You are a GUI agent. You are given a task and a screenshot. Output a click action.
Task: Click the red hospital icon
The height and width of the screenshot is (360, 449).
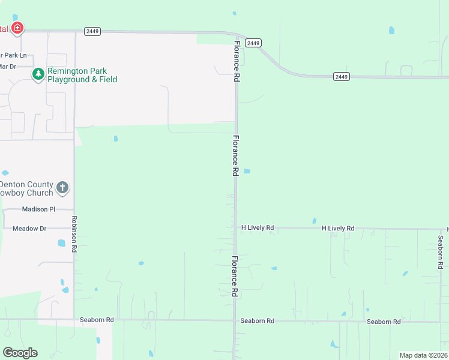click(x=17, y=28)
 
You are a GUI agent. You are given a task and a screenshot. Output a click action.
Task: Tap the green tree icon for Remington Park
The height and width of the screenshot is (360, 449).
click(x=38, y=74)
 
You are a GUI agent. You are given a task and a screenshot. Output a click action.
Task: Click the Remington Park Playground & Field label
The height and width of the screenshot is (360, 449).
click(x=82, y=75)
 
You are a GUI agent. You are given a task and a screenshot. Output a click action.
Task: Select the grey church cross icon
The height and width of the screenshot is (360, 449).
click(x=62, y=188)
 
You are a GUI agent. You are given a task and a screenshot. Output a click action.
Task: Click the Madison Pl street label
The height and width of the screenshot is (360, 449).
click(x=38, y=209)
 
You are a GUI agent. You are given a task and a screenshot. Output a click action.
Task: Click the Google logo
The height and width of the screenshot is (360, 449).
click(x=20, y=353)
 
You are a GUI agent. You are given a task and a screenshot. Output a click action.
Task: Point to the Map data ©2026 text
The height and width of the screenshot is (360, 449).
click(x=423, y=355)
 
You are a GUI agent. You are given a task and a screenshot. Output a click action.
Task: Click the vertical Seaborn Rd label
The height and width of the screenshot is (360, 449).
click(x=441, y=251)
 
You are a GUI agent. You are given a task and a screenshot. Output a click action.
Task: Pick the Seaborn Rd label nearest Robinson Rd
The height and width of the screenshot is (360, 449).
click(x=97, y=320)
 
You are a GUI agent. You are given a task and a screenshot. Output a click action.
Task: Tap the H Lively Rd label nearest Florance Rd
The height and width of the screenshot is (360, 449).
click(x=258, y=228)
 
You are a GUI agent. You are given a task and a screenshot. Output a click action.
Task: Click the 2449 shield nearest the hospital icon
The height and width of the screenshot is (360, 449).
click(x=92, y=32)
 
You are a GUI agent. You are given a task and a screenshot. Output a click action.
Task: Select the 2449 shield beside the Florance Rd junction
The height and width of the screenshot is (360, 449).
click(x=253, y=43)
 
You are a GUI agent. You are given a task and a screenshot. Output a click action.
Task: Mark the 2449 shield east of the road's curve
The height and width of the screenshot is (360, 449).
click(x=342, y=76)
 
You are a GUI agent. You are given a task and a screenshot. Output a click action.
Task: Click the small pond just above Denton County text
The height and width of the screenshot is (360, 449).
click(x=5, y=173)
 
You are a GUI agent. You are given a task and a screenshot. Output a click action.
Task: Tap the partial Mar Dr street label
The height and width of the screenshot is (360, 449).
click(x=8, y=66)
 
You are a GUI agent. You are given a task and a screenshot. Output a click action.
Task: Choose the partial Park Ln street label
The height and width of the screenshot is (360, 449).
click(x=14, y=55)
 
